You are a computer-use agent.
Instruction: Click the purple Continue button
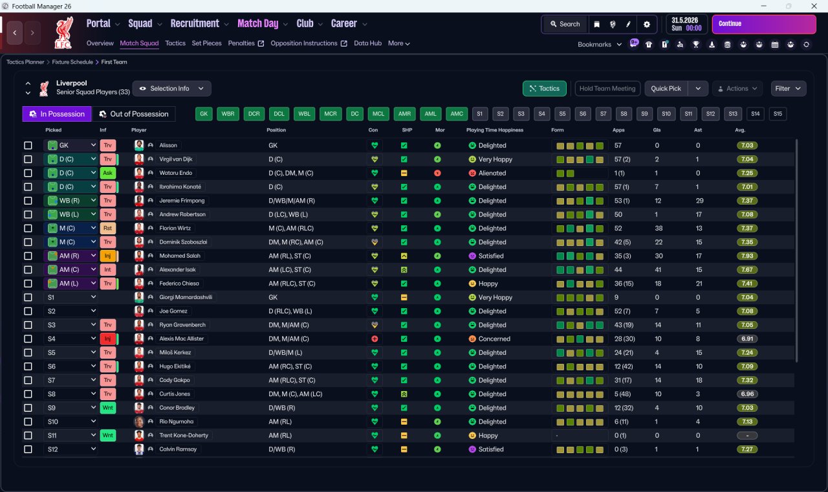764,24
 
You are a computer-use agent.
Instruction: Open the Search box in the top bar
565,24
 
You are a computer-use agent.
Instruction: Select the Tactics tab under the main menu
175,43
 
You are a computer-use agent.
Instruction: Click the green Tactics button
544,89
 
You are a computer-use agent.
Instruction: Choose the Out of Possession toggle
133,114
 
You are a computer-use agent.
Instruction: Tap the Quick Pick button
666,89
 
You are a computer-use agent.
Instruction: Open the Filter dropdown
788,89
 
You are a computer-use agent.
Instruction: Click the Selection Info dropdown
171,89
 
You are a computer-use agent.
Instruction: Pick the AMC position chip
457,114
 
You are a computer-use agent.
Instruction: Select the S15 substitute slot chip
778,114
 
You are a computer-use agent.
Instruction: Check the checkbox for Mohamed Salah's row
28,256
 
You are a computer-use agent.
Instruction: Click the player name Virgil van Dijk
175,159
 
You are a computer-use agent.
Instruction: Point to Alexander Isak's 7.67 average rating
746,270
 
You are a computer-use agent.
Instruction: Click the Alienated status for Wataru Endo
492,173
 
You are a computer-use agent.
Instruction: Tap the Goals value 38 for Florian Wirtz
659,229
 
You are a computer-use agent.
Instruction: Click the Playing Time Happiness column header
495,130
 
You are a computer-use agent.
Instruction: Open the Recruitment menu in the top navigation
195,24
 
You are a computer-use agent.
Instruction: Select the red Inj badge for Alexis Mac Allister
107,339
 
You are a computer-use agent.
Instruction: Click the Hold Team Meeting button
607,89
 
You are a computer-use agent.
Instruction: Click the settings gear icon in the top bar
646,25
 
